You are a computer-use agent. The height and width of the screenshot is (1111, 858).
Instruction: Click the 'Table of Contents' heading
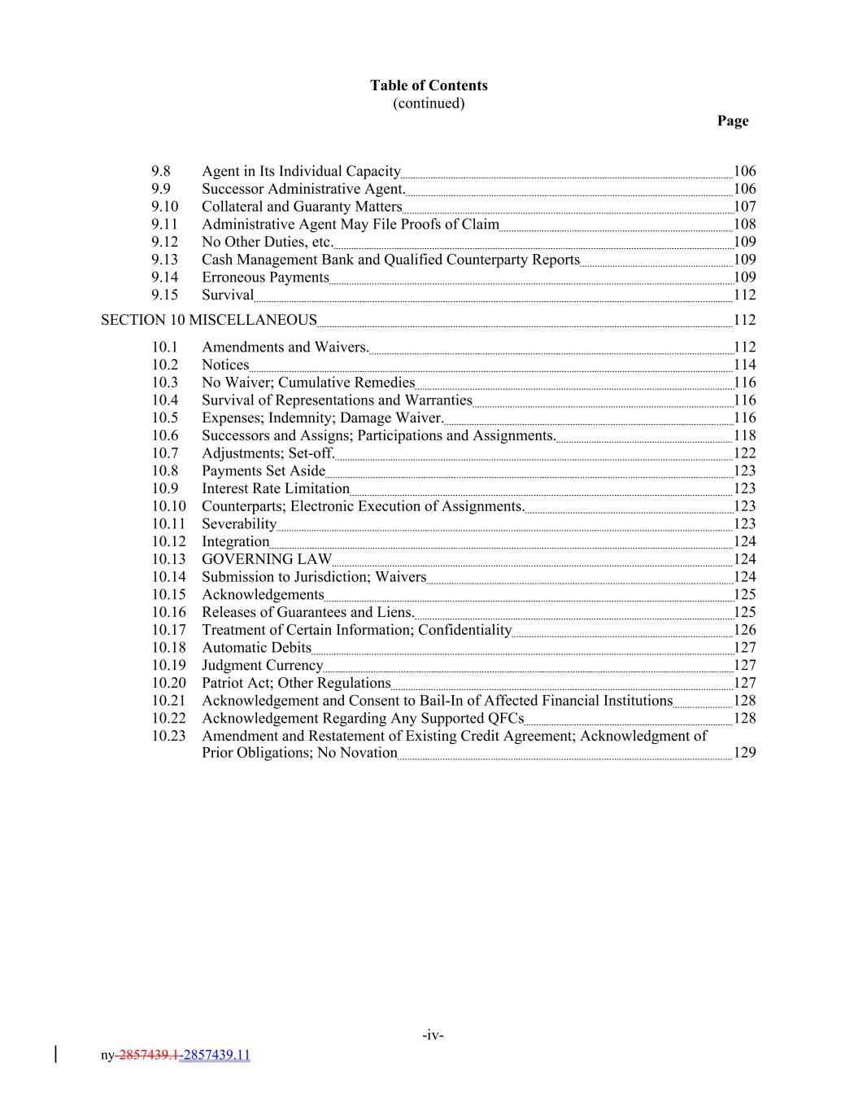coord(429,85)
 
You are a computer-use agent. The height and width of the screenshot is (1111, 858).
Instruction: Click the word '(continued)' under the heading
coord(429,103)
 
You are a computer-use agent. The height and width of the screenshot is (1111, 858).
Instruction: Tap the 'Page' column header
coord(732,120)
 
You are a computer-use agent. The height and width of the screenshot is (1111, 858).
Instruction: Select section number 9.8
coord(161,171)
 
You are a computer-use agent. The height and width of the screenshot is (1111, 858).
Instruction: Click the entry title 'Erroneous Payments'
coord(265,278)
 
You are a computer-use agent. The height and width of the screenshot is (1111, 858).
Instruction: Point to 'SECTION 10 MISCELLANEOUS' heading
coord(208,320)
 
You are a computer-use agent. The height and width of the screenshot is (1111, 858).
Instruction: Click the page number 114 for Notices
coord(744,365)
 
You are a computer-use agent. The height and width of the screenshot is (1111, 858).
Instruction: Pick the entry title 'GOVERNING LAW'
coord(267,559)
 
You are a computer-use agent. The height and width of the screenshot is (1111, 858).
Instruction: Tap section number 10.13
coord(168,559)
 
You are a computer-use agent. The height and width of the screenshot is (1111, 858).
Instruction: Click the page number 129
coord(744,753)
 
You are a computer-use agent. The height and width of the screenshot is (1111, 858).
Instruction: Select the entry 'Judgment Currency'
coord(262,665)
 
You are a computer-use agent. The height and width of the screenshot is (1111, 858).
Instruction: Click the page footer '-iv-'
coord(433,1035)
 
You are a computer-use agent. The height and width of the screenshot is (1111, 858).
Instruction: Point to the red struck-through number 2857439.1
coord(148,1056)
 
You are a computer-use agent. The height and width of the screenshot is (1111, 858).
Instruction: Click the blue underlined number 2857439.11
coord(217,1056)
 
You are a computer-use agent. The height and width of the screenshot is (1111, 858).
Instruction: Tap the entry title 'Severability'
coord(239,524)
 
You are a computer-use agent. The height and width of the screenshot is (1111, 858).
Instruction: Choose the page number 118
coord(744,435)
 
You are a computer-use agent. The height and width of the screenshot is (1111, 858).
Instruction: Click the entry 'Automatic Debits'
coord(256,648)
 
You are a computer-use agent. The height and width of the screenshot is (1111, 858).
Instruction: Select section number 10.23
coord(168,736)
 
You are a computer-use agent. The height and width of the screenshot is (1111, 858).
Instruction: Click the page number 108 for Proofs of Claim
coord(744,224)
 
